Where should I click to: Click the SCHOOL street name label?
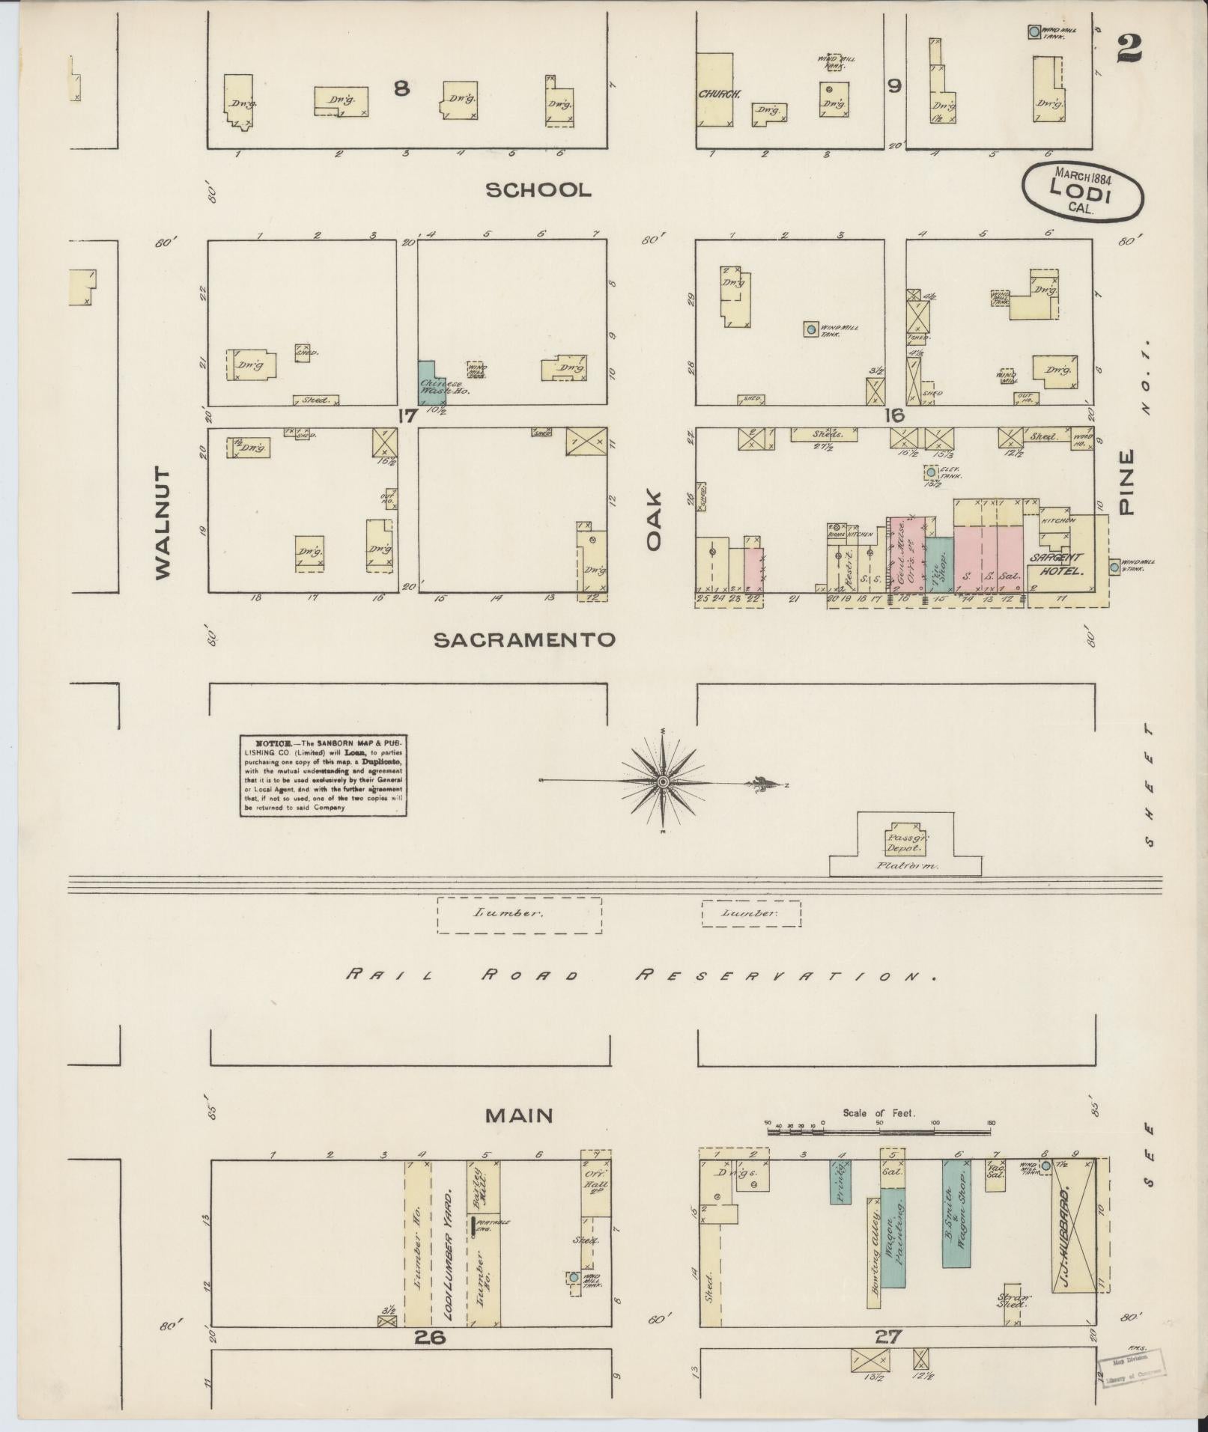tap(538, 189)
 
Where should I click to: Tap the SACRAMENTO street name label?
tap(525, 639)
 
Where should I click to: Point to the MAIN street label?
tap(519, 1116)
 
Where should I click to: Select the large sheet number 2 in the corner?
tap(1129, 49)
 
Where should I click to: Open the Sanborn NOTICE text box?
tap(323, 774)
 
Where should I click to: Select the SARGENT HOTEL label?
tap(1057, 564)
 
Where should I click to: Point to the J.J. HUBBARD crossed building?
tap(1074, 1233)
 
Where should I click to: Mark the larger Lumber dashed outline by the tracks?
tap(519, 914)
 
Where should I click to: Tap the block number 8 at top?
tap(401, 88)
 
